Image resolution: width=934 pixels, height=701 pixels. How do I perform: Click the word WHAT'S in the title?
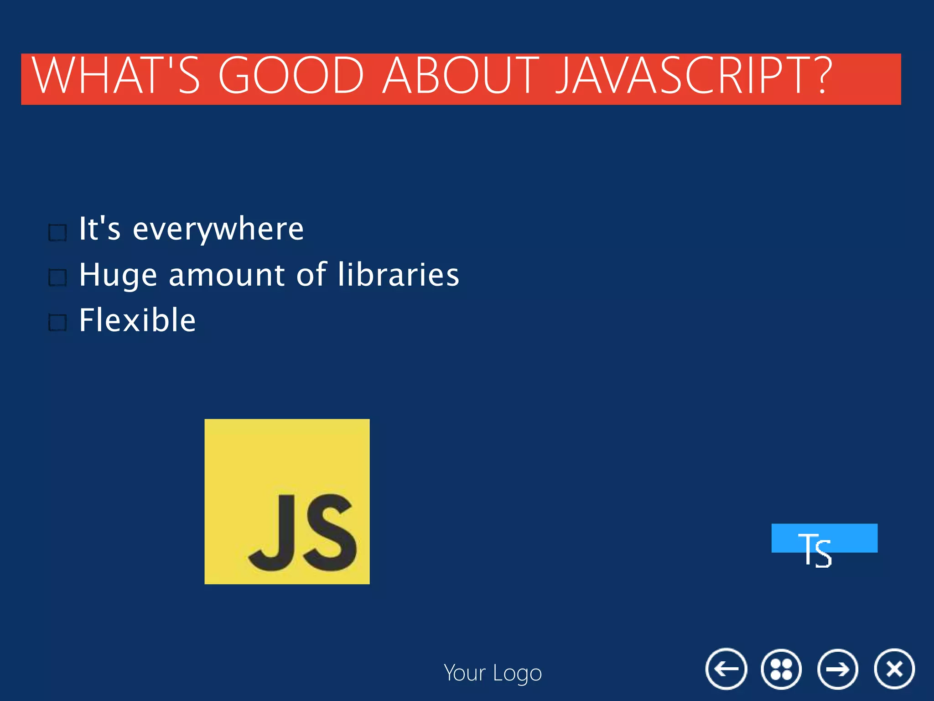[x=116, y=76]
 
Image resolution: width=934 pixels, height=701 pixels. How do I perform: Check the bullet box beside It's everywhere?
[x=58, y=233]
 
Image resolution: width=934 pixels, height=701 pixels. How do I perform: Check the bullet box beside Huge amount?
[x=58, y=277]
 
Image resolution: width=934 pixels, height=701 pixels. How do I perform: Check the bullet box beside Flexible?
[x=58, y=323]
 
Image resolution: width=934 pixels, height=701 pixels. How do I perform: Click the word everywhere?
[x=218, y=230]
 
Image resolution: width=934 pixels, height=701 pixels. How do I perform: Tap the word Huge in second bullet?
[x=118, y=276]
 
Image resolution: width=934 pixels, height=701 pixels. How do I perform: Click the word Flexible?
[x=137, y=320]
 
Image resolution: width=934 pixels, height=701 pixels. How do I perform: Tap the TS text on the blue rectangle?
[x=815, y=550]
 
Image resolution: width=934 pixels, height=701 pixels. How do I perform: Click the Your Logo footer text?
[x=493, y=673]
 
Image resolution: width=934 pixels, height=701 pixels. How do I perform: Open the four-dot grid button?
[x=781, y=669]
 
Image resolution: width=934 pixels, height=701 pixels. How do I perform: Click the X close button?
[x=894, y=669]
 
